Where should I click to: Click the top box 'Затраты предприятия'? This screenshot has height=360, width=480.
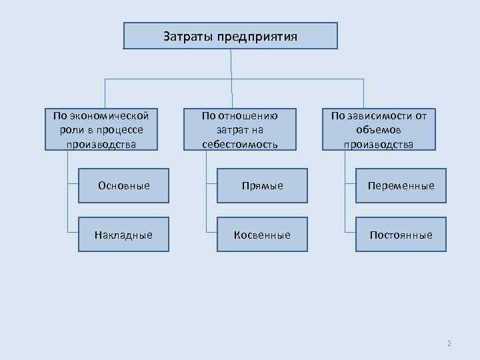(x=230, y=36)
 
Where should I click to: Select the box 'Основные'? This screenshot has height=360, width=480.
(x=123, y=185)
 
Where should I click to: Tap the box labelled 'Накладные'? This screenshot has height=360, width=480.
(x=123, y=235)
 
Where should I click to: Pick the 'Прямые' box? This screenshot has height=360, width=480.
(x=262, y=185)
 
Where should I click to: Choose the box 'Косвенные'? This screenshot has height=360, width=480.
(x=262, y=235)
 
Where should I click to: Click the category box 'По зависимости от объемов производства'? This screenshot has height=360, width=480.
(x=378, y=129)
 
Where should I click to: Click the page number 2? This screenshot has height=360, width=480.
(x=449, y=343)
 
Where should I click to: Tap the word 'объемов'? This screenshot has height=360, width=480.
(x=378, y=129)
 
